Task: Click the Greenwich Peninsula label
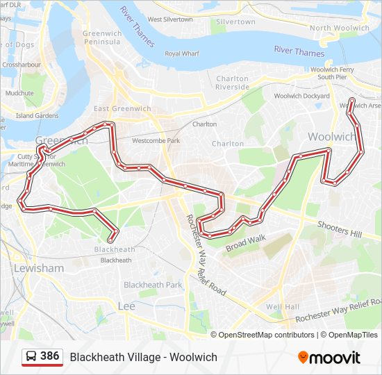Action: (101, 37)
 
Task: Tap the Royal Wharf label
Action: (181, 53)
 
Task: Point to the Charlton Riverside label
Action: (232, 83)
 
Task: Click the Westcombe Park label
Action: (156, 140)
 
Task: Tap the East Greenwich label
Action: (122, 109)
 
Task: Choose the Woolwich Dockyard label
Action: (301, 96)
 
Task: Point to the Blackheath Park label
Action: (153, 285)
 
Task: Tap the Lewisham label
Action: (39, 268)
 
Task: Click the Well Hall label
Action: (282, 306)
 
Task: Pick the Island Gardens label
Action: (38, 115)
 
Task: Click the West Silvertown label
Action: (170, 19)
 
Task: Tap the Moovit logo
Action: (329, 357)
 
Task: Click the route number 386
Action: (49, 356)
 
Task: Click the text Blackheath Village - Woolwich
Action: (143, 357)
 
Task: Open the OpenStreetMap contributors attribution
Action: (266, 335)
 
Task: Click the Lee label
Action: (126, 306)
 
